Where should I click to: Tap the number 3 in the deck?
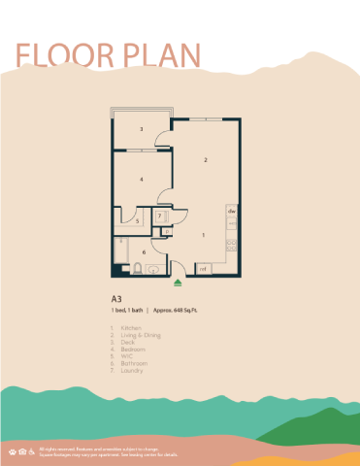[x=142, y=129]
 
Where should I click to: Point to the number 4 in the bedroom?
[x=142, y=180]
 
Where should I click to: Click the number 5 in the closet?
[x=138, y=221]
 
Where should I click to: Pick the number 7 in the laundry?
[x=159, y=216]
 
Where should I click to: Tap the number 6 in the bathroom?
[x=145, y=252]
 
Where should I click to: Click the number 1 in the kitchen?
[x=203, y=235]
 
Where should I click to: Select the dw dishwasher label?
[x=232, y=210]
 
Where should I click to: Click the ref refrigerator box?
[x=204, y=269]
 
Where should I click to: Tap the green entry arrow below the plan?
[x=178, y=283]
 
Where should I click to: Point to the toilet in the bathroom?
[x=154, y=270]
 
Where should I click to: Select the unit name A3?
[x=116, y=299]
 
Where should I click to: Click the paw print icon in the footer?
[x=13, y=452]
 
